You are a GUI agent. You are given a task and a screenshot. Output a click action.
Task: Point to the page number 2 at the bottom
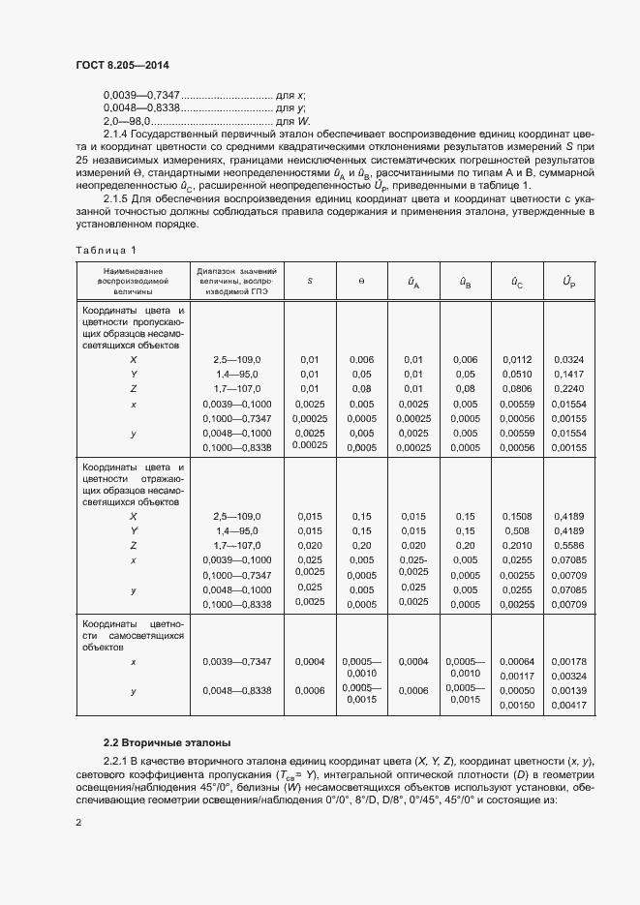79,822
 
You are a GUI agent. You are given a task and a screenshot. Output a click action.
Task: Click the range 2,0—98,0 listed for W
124,121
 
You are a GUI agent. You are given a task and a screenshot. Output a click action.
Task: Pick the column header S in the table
309,280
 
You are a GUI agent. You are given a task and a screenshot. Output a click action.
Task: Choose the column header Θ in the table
360,280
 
